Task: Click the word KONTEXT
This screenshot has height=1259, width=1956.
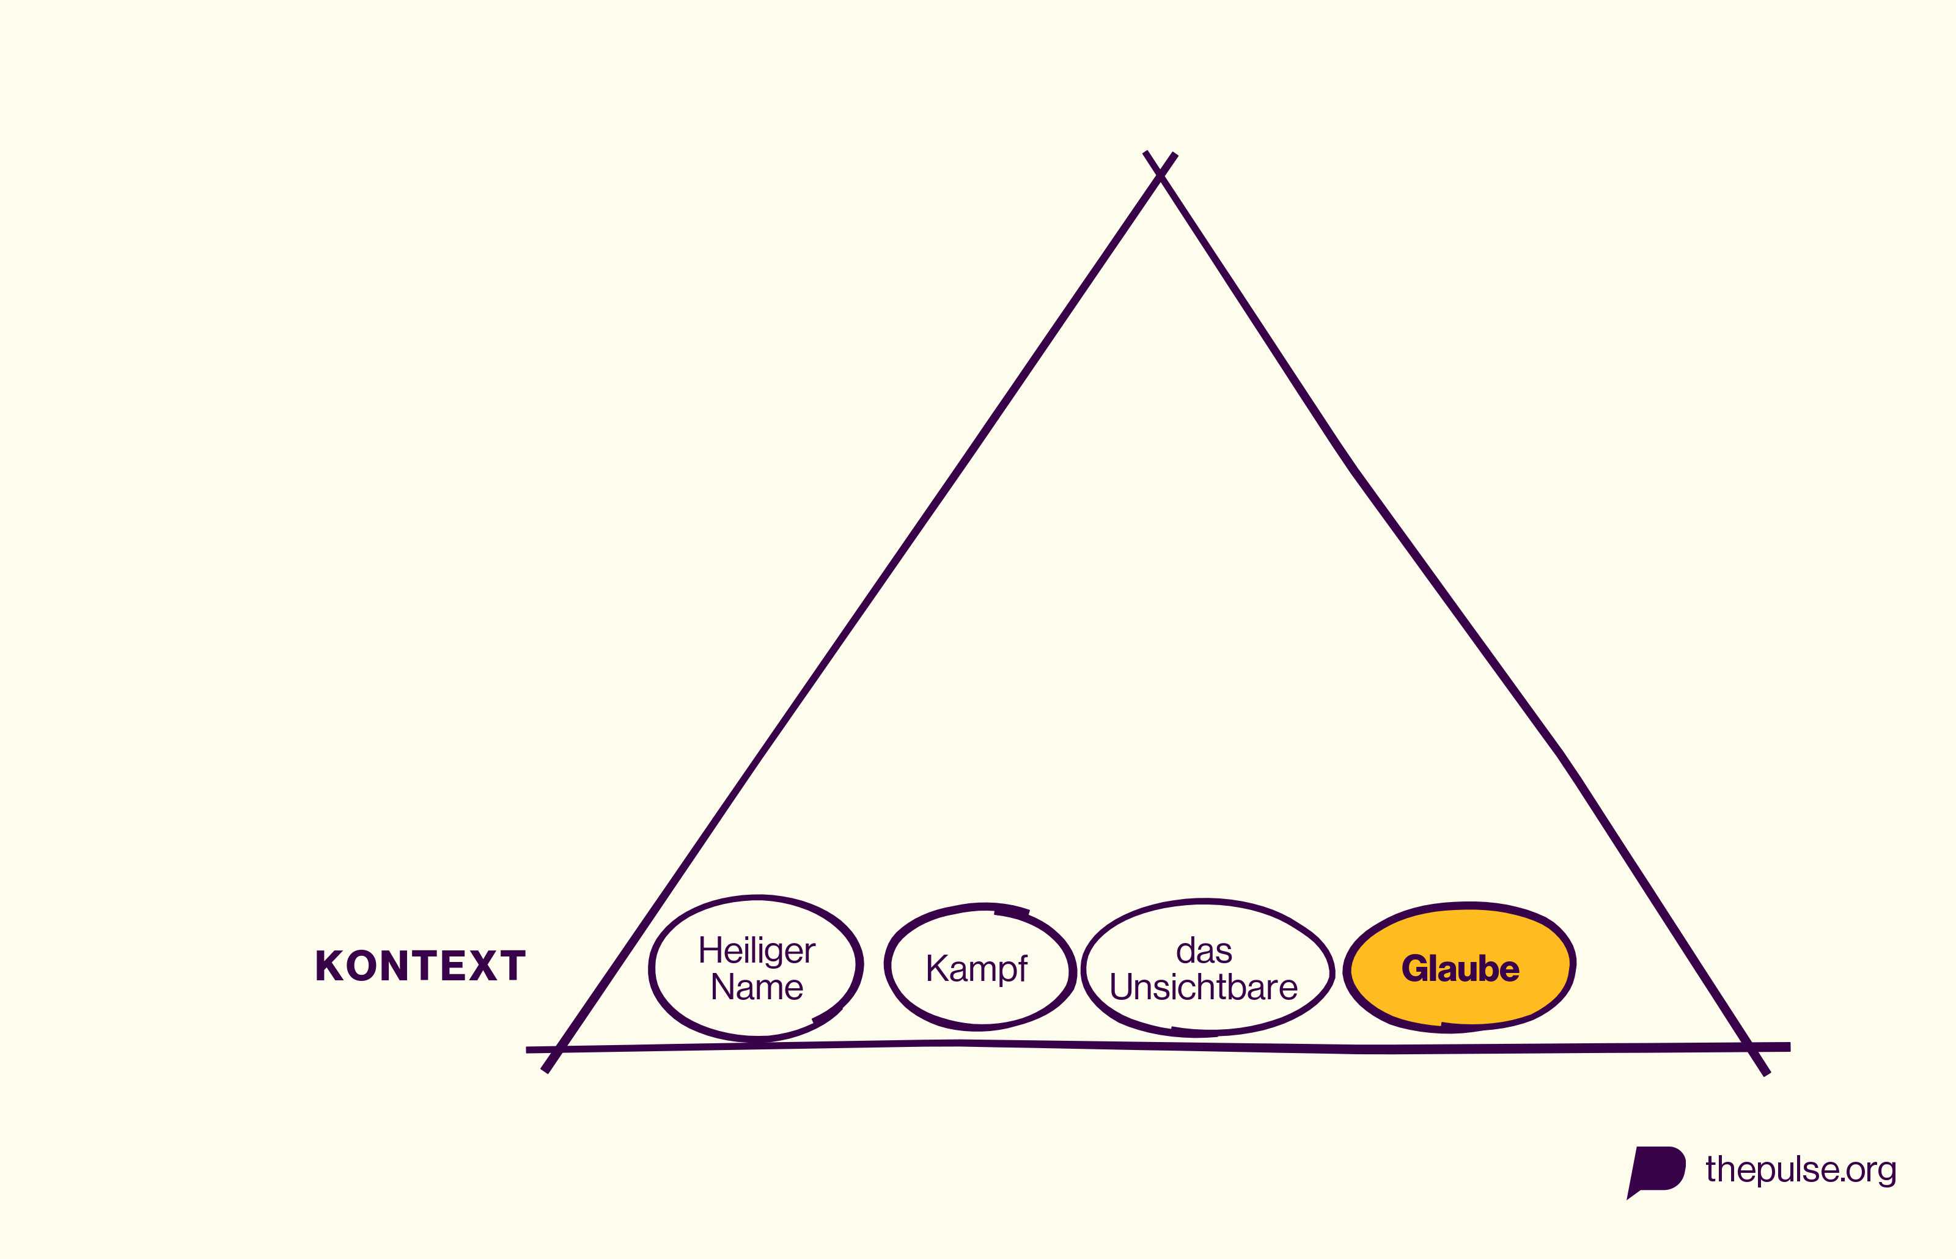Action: pos(420,966)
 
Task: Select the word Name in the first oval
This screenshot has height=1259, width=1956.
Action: pos(757,987)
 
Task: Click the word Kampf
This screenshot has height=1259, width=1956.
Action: pos(977,969)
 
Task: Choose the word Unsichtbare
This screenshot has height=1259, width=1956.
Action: pos(1203,987)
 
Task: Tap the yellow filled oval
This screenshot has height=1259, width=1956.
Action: pos(1460,967)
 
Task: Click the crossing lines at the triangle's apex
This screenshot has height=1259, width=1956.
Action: pos(1160,174)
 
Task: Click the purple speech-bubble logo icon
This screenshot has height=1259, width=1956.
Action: pos(1655,1172)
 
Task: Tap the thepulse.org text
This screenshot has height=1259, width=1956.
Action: pos(1801,1170)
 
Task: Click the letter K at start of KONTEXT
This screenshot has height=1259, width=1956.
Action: pos(329,966)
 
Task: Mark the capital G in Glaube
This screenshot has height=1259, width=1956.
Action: pos(1415,969)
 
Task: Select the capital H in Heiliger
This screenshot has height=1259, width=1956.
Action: pos(710,950)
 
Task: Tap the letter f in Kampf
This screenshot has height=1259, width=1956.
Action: pos(1022,968)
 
